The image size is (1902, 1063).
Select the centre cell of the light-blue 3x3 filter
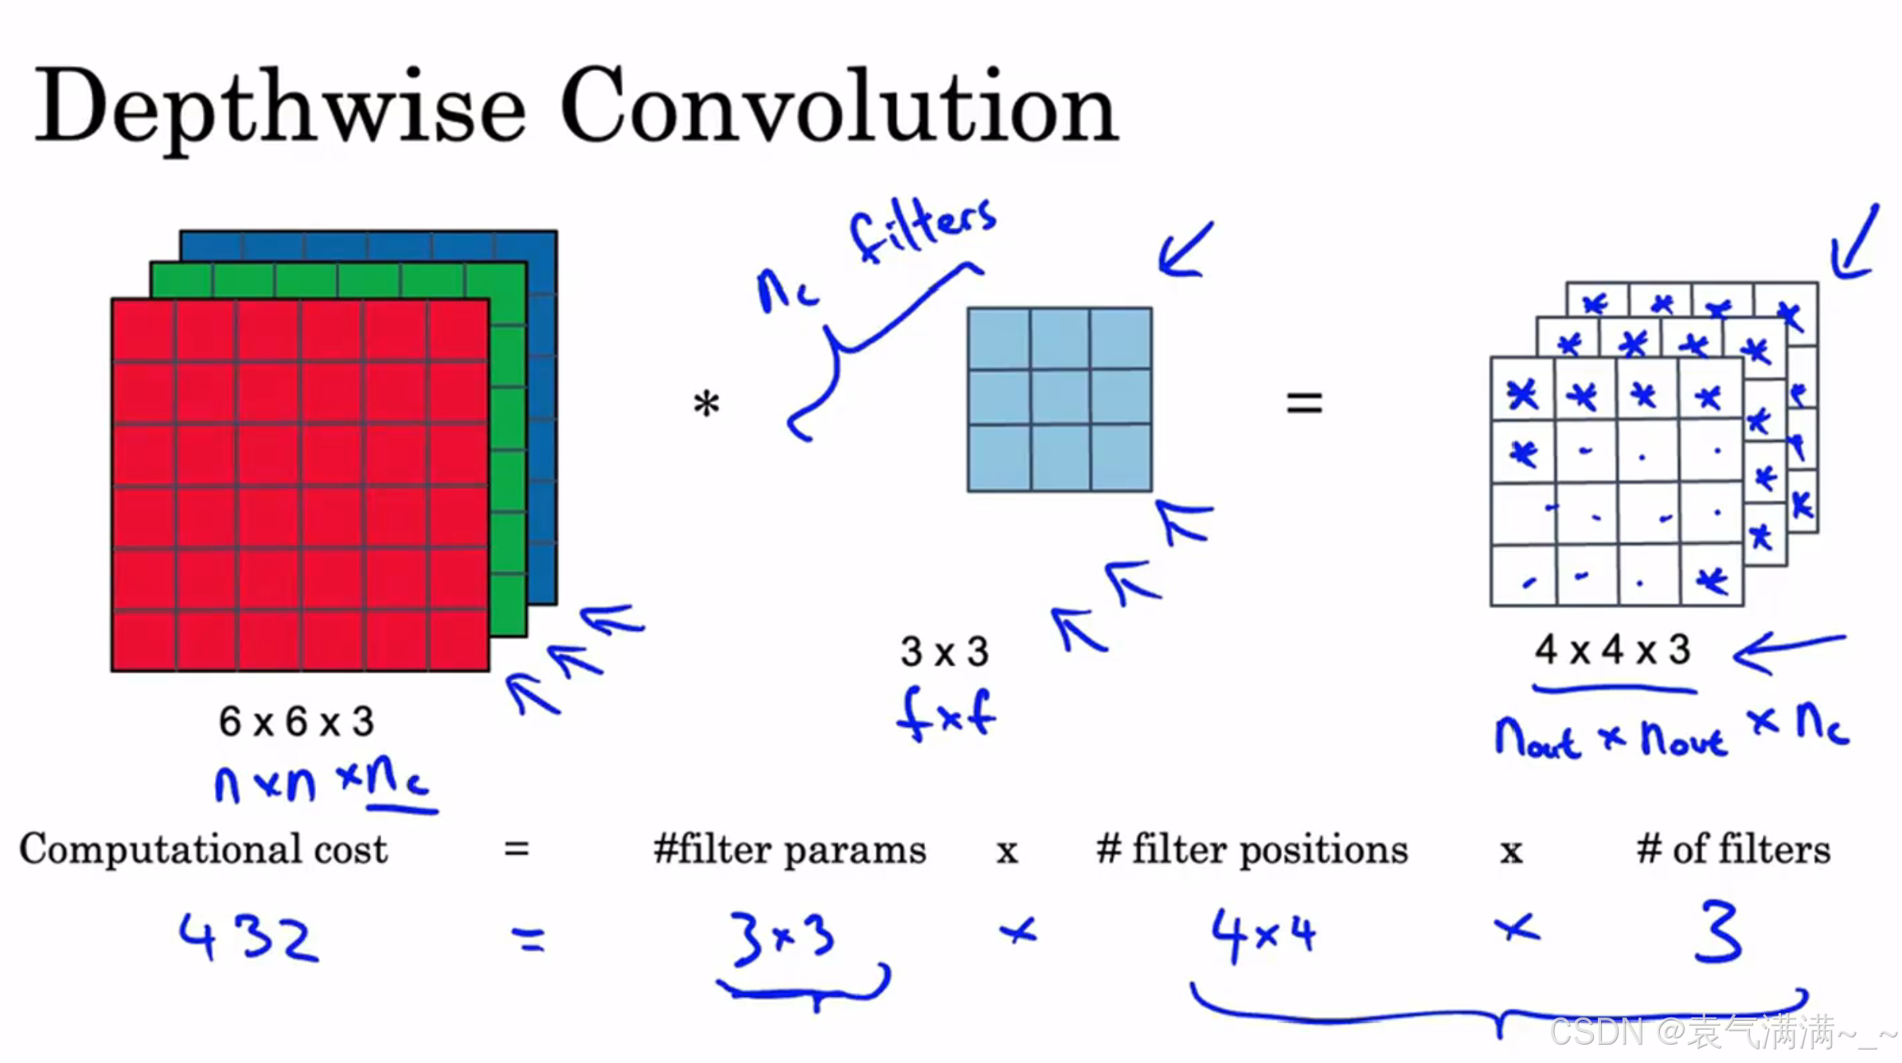pyautogui.click(x=1060, y=398)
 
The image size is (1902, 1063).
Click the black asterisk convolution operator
pyautogui.click(x=706, y=404)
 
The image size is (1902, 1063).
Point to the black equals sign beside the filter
pyautogui.click(x=1304, y=403)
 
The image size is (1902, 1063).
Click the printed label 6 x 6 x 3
pyautogui.click(x=296, y=721)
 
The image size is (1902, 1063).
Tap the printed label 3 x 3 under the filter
pyautogui.click(x=944, y=651)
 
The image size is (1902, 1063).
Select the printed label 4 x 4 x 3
pyautogui.click(x=1612, y=650)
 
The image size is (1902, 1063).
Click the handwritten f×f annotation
pyautogui.click(x=946, y=714)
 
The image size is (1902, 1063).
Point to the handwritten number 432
pyautogui.click(x=248, y=937)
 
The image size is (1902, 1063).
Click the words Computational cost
pyautogui.click(x=203, y=849)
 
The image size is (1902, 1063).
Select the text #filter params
pyautogui.click(x=789, y=850)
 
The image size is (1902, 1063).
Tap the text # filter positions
pyautogui.click(x=1252, y=850)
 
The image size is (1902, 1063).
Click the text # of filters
pyautogui.click(x=1733, y=850)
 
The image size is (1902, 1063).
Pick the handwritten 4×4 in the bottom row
pyautogui.click(x=1263, y=936)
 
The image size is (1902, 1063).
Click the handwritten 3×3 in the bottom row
pyautogui.click(x=782, y=938)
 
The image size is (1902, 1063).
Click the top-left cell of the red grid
pyautogui.click(x=143, y=330)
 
